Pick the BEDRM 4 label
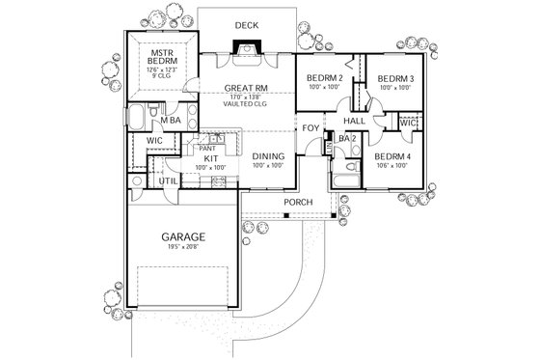pos(394,156)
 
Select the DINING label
pos(268,156)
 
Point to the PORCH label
pos(296,202)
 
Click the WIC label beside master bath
pos(154,140)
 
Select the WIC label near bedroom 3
pos(407,124)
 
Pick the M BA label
pos(171,121)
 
